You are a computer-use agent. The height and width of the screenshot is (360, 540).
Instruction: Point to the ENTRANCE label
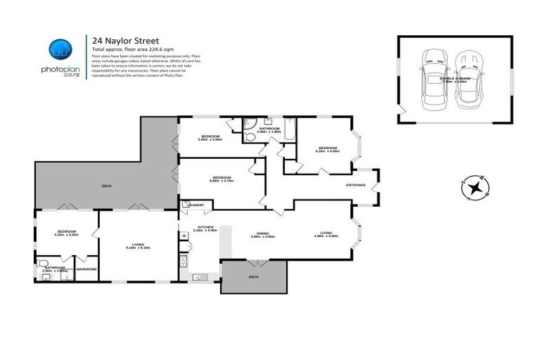click(x=356, y=185)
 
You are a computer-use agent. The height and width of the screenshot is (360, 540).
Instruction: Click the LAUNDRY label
click(x=196, y=205)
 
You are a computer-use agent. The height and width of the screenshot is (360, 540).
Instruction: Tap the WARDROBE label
click(x=86, y=269)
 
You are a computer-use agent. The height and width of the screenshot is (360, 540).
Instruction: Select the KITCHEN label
click(x=207, y=228)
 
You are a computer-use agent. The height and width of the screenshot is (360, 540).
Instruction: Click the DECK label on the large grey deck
click(x=106, y=186)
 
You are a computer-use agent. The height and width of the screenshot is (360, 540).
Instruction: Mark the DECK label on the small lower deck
click(x=253, y=277)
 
